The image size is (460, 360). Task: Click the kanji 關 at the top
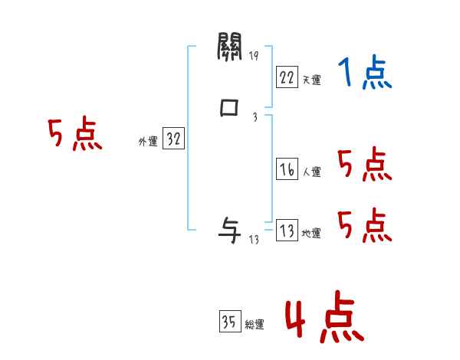(230, 51)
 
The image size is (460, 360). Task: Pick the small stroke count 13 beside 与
(255, 239)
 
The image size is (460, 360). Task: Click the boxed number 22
(287, 77)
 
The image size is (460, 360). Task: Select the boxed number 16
(287, 170)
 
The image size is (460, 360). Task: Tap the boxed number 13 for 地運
(287, 231)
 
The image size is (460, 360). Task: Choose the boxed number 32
(173, 139)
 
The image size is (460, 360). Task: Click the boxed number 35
(229, 322)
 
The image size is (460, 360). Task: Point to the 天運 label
(311, 80)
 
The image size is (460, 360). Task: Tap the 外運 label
(148, 142)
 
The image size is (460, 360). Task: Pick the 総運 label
(255, 325)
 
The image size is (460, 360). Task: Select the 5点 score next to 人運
(364, 165)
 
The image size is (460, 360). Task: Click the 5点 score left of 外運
(74, 136)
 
